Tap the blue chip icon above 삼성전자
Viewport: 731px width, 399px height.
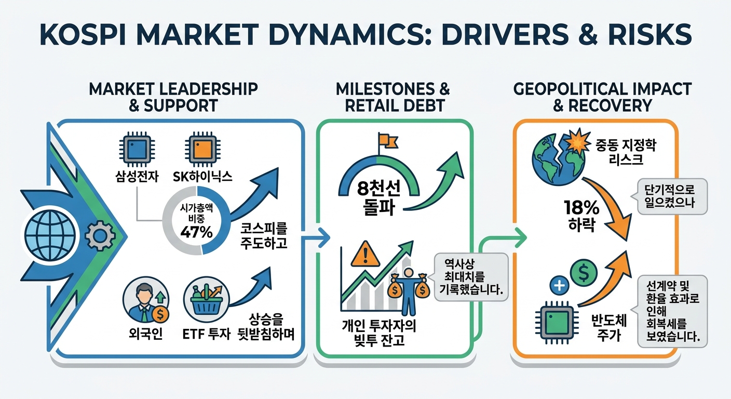137,149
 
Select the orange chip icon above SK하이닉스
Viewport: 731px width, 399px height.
202,149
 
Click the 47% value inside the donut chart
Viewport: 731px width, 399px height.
196,232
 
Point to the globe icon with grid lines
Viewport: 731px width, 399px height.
50,235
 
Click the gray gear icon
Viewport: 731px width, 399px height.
100,235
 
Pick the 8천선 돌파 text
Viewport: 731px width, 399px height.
378,197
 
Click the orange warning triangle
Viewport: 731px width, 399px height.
365,255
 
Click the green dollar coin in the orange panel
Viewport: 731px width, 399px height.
584,273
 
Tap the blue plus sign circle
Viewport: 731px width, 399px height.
559,285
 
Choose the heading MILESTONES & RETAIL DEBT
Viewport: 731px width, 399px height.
393,97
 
